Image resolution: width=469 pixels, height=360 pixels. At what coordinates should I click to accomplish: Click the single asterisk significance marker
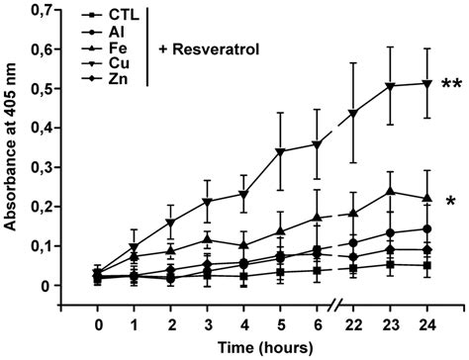pyautogui.click(x=450, y=203)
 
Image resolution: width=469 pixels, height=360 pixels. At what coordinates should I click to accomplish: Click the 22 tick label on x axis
pyautogui.click(x=353, y=322)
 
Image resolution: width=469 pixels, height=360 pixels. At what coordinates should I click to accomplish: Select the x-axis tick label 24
pyautogui.click(x=426, y=322)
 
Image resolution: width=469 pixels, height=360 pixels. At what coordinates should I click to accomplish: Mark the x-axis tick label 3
pyautogui.click(x=208, y=322)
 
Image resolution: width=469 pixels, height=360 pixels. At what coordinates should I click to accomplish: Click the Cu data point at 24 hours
pyautogui.click(x=426, y=84)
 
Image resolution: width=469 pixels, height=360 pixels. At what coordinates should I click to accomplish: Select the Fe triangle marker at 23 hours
pyautogui.click(x=390, y=192)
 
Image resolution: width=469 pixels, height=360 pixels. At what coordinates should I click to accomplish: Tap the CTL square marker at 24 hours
pyautogui.click(x=426, y=265)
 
